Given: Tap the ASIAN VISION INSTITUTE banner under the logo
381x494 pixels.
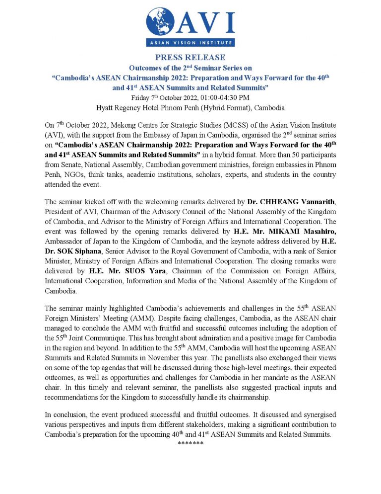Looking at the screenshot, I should [x=190, y=42].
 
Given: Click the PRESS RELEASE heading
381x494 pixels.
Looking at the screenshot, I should [x=190, y=57].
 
